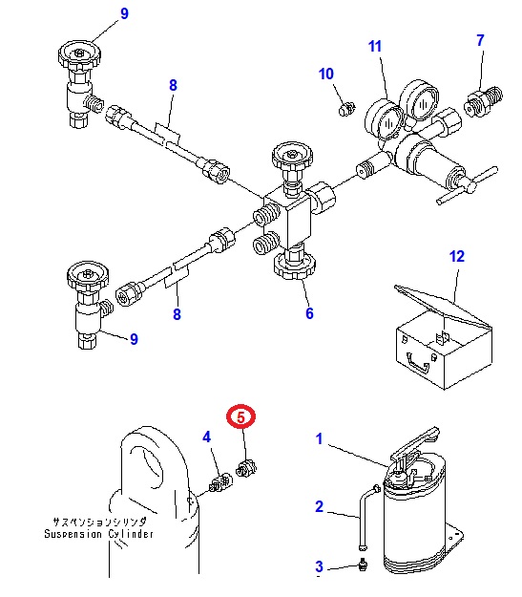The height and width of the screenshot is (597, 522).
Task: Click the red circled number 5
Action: pyautogui.click(x=240, y=416)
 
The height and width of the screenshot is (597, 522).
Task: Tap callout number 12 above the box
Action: pyautogui.click(x=457, y=257)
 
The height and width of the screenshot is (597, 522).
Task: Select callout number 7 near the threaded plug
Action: pyautogui.click(x=480, y=40)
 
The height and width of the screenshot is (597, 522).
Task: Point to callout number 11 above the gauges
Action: pyautogui.click(x=375, y=47)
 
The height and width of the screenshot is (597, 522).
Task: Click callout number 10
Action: pyautogui.click(x=326, y=74)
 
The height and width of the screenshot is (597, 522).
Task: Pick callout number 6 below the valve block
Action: pyautogui.click(x=309, y=313)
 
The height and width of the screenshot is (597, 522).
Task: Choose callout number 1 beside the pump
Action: pyautogui.click(x=319, y=439)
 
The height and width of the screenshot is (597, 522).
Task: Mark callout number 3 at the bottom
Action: pyautogui.click(x=319, y=566)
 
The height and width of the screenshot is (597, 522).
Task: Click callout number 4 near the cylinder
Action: pyautogui.click(x=206, y=437)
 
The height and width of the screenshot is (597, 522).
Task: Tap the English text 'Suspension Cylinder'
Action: pyautogui.click(x=99, y=533)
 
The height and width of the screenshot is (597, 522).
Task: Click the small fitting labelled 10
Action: pyautogui.click(x=346, y=109)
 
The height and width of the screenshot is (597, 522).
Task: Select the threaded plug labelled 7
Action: pyautogui.click(x=483, y=101)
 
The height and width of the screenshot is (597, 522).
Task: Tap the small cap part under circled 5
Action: pyautogui.click(x=246, y=468)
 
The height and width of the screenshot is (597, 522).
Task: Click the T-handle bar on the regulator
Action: pyautogui.click(x=468, y=186)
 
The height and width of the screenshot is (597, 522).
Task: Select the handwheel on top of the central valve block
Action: pyautogui.click(x=293, y=156)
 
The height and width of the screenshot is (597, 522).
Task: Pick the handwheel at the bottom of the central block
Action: pyautogui.click(x=295, y=267)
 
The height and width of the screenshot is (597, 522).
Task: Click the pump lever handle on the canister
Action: pyautogui.click(x=415, y=443)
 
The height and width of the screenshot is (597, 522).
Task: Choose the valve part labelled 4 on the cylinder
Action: pyautogui.click(x=220, y=482)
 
